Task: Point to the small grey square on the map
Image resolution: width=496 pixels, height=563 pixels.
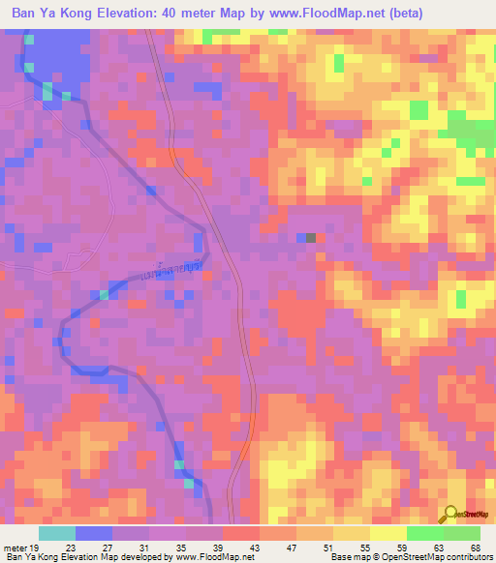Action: (310, 237)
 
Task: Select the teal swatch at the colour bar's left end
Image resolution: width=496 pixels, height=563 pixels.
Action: (56, 533)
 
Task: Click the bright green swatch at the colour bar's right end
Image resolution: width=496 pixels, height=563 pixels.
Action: (461, 533)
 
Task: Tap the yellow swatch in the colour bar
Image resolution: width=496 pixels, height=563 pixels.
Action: (387, 533)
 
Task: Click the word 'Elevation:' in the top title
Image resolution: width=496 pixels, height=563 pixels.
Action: (126, 14)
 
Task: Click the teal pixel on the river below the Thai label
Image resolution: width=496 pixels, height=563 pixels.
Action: (104, 295)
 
